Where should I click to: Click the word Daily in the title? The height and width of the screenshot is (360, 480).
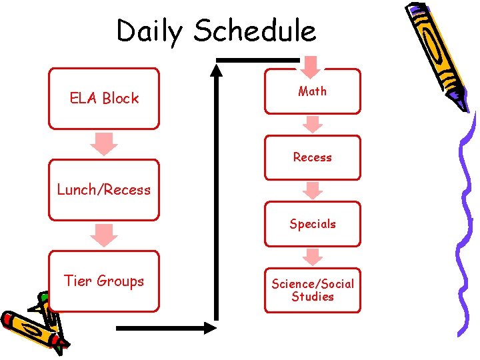tap(150, 31)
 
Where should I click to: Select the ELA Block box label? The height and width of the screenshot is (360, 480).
tap(104, 98)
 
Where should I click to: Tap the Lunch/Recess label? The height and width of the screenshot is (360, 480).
tap(104, 189)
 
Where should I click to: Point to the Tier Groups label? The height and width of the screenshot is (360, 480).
tap(104, 281)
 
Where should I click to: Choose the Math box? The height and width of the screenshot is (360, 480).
tap(312, 91)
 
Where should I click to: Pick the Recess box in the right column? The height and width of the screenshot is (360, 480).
tap(312, 157)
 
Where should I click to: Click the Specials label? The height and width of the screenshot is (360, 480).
tap(312, 224)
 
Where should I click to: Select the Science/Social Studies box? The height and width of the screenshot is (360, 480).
tap(312, 290)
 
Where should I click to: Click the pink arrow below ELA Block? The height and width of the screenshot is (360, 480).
tap(104, 143)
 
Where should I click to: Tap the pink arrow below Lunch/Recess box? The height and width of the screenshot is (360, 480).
tap(104, 235)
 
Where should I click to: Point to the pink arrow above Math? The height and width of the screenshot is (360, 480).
tap(311, 65)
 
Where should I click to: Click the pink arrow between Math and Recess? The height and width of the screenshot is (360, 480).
tap(312, 125)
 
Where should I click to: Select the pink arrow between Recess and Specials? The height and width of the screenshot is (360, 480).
tap(312, 191)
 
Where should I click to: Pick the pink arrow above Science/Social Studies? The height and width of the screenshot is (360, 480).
tap(312, 257)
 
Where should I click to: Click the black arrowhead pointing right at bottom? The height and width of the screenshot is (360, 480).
tap(209, 327)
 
